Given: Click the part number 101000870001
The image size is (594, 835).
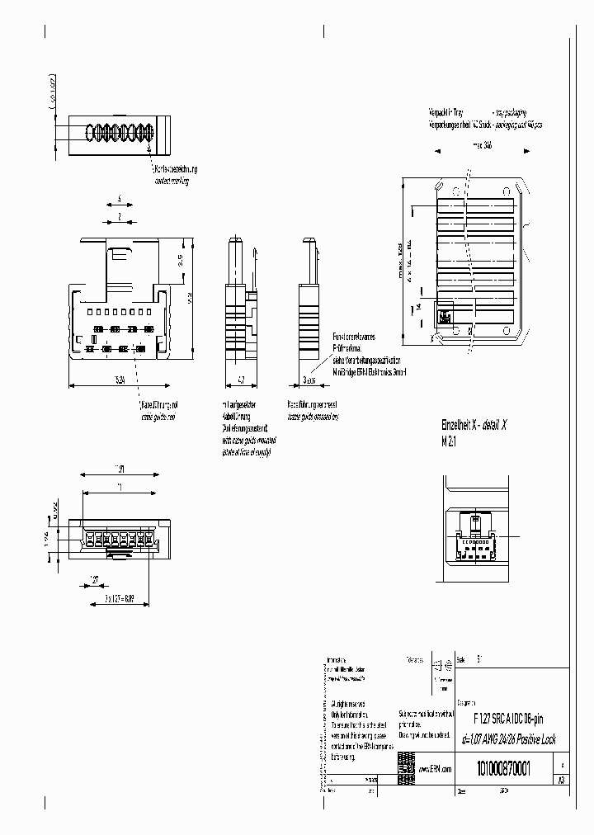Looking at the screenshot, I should point(502,769).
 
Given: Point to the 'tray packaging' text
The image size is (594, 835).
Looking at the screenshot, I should point(509,111).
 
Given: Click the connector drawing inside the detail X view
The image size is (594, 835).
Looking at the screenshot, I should point(474,535).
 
